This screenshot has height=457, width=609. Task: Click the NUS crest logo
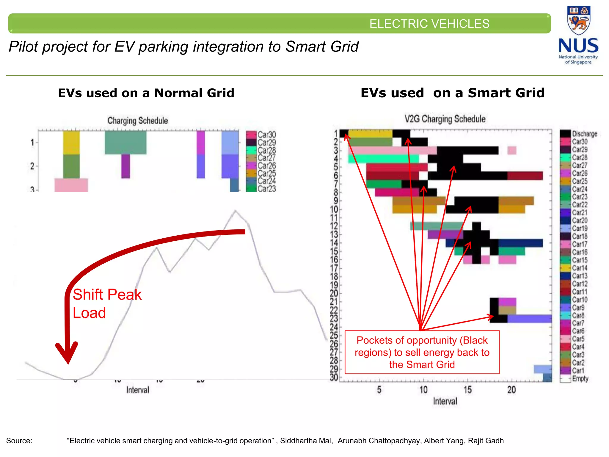(578, 21)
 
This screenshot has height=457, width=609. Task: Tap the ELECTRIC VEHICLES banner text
(429, 24)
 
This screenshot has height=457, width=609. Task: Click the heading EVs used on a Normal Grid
(146, 93)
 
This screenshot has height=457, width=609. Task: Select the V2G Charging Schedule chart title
(445, 119)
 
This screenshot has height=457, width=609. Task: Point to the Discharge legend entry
(584, 134)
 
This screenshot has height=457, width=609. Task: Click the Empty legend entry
(580, 379)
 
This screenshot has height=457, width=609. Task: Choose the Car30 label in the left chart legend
(266, 135)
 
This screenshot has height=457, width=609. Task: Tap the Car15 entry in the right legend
(580, 260)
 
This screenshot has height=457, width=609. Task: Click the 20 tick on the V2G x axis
(511, 390)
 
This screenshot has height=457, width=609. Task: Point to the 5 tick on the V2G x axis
(379, 390)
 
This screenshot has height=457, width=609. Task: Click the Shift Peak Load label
(107, 303)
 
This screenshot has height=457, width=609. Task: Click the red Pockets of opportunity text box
(422, 352)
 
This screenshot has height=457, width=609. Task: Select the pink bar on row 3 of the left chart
(71, 185)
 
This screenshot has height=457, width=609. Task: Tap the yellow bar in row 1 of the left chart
(71, 143)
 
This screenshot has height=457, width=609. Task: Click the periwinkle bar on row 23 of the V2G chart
(529, 319)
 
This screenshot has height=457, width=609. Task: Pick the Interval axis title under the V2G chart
(445, 401)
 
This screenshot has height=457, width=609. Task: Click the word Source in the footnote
(19, 441)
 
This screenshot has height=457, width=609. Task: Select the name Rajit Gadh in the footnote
(486, 441)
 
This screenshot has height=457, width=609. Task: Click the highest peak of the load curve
(235, 211)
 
